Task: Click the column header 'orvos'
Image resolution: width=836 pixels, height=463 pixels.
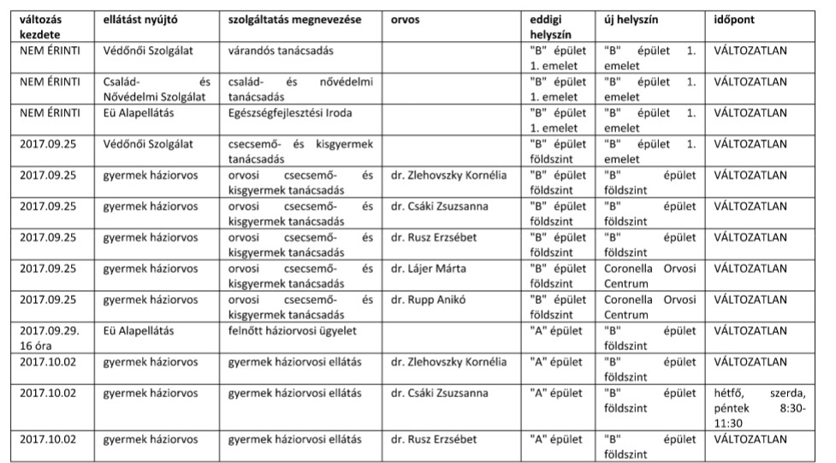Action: pyautogui.click(x=405, y=19)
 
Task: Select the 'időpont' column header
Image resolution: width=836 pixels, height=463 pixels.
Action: pyautogui.click(x=734, y=19)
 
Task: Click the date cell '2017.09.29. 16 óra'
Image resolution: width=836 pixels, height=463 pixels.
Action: pyautogui.click(x=50, y=337)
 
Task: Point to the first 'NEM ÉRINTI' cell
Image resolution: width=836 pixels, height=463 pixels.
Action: pyautogui.click(x=50, y=50)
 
